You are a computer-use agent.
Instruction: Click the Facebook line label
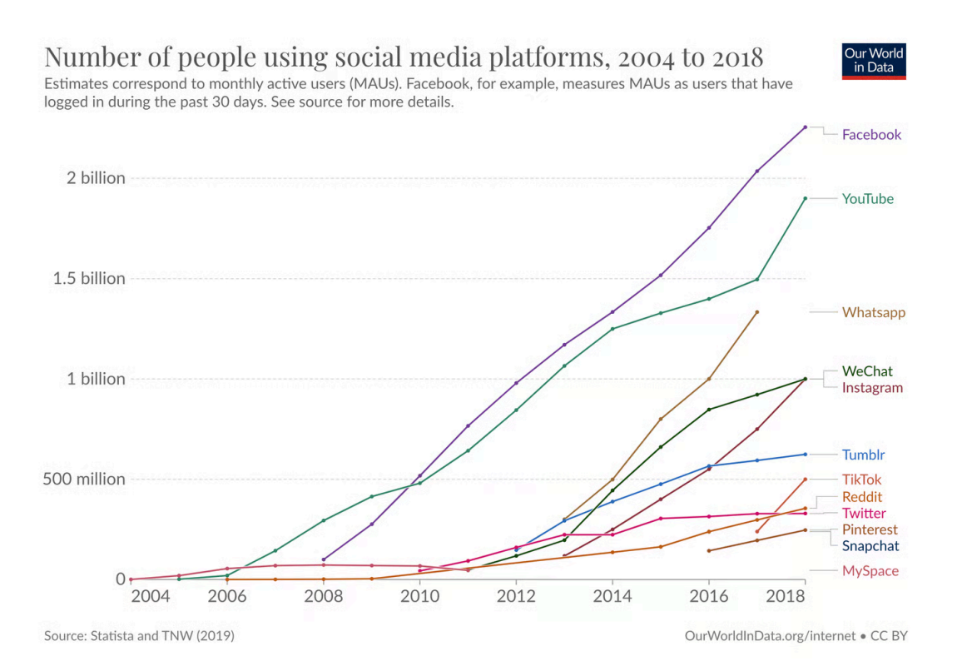pyautogui.click(x=871, y=135)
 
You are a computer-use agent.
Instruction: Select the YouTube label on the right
pyautogui.click(x=868, y=199)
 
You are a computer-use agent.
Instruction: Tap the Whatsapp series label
pyautogui.click(x=873, y=313)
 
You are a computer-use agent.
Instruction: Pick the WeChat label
pyautogui.click(x=868, y=371)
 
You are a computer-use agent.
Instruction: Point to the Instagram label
pyautogui.click(x=872, y=388)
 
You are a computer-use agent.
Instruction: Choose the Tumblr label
pyautogui.click(x=863, y=455)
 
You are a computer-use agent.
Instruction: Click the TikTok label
pyautogui.click(x=861, y=480)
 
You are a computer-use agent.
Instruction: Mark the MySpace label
pyautogui.click(x=870, y=571)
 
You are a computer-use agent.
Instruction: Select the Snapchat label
pyautogui.click(x=870, y=546)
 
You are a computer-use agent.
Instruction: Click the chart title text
pyautogui.click(x=404, y=57)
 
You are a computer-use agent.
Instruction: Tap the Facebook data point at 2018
pyautogui.click(x=805, y=127)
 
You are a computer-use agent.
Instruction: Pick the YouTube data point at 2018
pyautogui.click(x=805, y=198)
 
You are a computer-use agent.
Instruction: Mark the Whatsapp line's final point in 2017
pyautogui.click(x=756, y=312)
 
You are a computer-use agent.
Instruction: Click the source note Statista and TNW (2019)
pyautogui.click(x=139, y=636)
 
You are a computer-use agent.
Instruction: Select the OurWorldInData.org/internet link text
pyautogui.click(x=770, y=636)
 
